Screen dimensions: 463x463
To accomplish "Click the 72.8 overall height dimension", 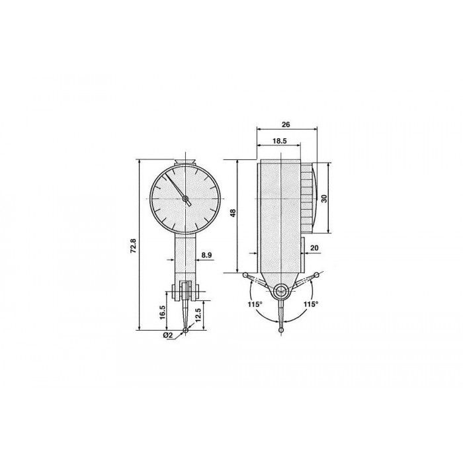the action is tap(133, 245).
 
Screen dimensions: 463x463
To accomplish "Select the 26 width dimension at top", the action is tap(286, 124).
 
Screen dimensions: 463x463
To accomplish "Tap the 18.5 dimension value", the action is tap(279, 141).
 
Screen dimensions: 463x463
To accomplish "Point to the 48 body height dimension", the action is tap(233, 213).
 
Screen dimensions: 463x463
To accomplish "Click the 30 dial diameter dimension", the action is tap(324, 198).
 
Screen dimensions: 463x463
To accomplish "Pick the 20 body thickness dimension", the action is tap(314, 248).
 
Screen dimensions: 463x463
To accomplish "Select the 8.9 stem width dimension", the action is tap(206, 255).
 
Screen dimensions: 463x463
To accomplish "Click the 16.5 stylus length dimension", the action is tap(162, 312).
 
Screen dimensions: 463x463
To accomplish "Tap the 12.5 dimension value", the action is tap(198, 315).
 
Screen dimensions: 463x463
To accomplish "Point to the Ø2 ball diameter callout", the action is tap(167, 335).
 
